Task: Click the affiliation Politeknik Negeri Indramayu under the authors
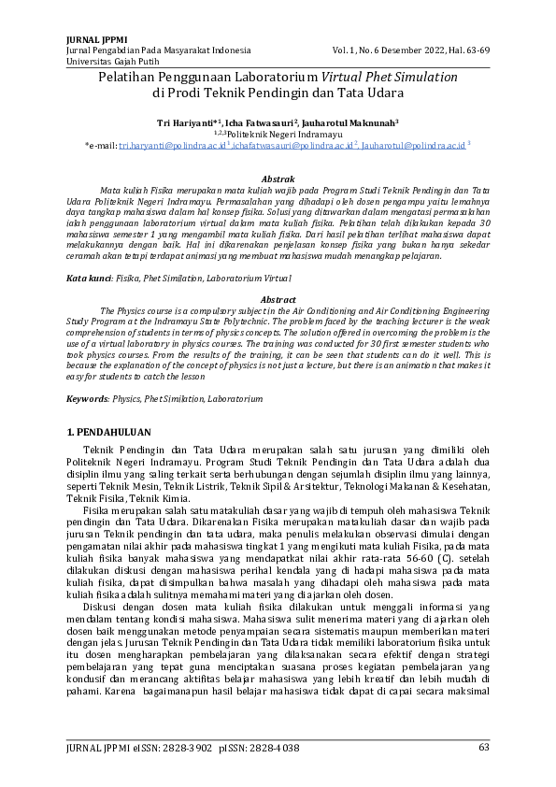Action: [x=284, y=134]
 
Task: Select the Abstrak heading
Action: [x=278, y=178]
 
